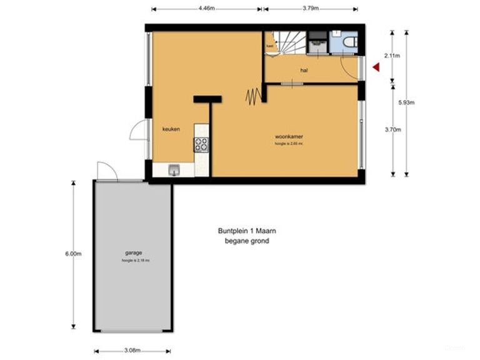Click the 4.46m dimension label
206,9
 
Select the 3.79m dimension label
311,9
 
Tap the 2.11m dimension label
392,56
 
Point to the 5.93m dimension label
406,102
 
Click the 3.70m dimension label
392,129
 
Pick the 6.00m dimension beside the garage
73,254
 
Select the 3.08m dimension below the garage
131,351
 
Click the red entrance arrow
376,67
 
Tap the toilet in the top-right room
349,42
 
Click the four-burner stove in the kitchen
201,144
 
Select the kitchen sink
173,169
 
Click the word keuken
171,129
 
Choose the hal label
304,71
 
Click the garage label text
134,252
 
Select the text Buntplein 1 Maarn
247,231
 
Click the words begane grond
247,241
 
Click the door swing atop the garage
106,171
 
